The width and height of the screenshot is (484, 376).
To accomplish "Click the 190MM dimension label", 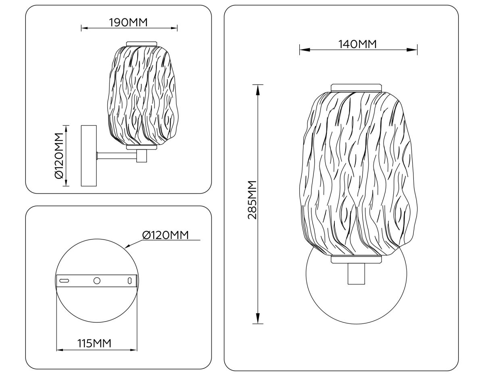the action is (128, 22).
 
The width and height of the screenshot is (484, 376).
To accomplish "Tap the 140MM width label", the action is (358, 44).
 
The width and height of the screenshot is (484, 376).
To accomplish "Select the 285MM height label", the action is (252, 200).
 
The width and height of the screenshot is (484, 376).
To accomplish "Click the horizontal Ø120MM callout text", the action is (165, 235).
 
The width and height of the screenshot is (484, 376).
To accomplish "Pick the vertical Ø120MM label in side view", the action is (59, 156).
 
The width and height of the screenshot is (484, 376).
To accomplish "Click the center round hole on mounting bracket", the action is (97, 280).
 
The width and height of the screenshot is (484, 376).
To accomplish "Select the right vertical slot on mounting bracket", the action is (129, 281).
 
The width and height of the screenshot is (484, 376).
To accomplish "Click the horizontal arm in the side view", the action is (117, 156).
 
